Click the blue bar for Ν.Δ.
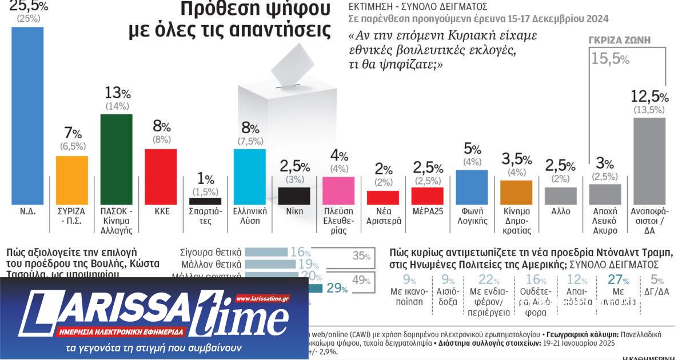pos(27,114)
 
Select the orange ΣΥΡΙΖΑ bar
pos(72,180)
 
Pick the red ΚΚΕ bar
pos(161,176)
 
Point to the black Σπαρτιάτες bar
pos(205,201)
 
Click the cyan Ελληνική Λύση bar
pos(250,176)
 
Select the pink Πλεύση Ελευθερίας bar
pos(338,190)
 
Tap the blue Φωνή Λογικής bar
pos(472,187)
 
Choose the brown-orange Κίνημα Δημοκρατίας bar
pos(516,192)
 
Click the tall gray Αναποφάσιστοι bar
pos(649,161)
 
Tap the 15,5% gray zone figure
pos(610,58)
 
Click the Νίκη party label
pos(294,211)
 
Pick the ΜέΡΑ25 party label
pos(428,211)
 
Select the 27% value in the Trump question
pos(618,281)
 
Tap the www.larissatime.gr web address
pos(262,298)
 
